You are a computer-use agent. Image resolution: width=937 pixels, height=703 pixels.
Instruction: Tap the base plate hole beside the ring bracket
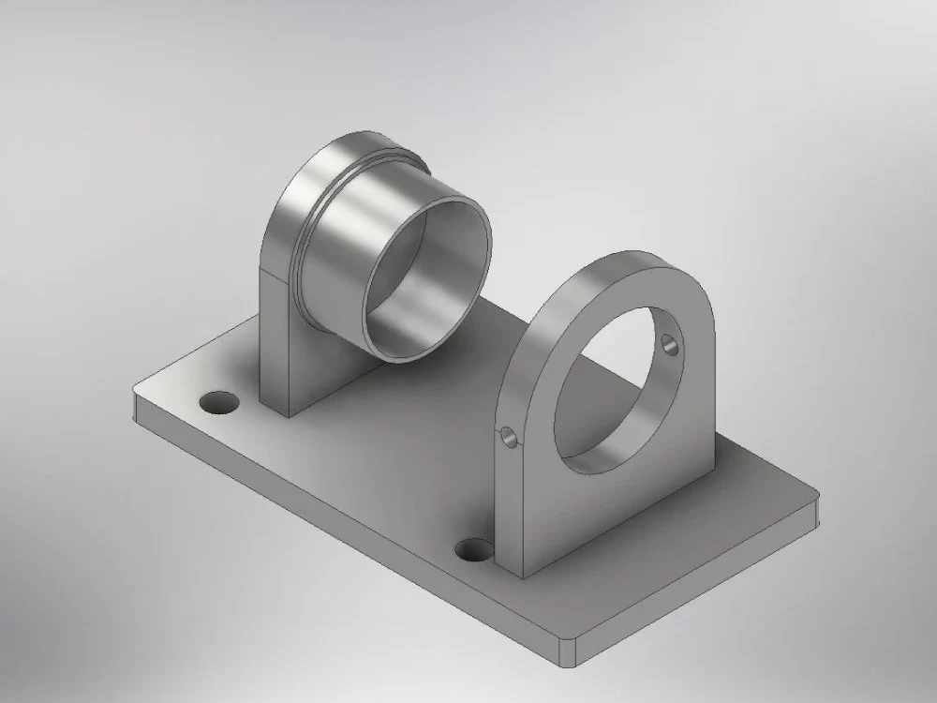tap(473, 549)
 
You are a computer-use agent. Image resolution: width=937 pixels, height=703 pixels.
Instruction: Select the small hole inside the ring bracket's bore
tap(669, 344)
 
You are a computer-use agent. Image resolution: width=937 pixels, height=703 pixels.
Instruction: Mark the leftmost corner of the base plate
tap(136, 394)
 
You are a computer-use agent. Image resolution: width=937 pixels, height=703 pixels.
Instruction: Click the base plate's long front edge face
tap(347, 525)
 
